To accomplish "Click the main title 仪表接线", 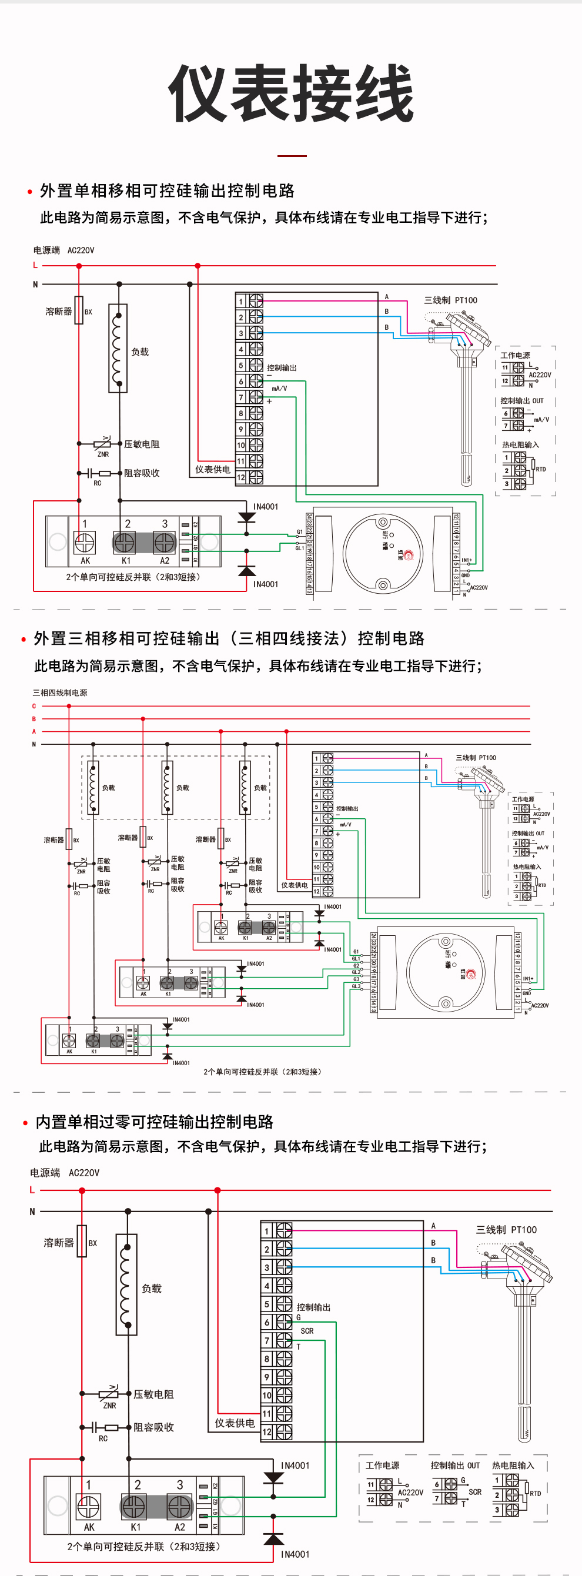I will pyautogui.click(x=292, y=93).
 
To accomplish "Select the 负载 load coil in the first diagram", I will pyautogui.click(x=118, y=348).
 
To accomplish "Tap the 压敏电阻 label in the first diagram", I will pyautogui.click(x=141, y=444).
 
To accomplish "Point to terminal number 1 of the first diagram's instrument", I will pyautogui.click(x=241, y=301).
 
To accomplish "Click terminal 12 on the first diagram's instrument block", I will pyautogui.click(x=241, y=477).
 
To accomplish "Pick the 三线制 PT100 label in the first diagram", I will pyautogui.click(x=450, y=300).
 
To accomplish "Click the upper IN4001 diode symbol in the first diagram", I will pyautogui.click(x=247, y=517).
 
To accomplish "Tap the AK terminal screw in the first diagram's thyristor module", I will pyautogui.click(x=85, y=542).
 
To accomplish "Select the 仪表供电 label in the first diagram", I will pyautogui.click(x=212, y=469).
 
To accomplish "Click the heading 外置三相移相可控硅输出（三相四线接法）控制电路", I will pyautogui.click(x=229, y=638).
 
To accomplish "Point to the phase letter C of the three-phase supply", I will pyautogui.click(x=34, y=706).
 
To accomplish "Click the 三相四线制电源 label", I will pyautogui.click(x=60, y=692).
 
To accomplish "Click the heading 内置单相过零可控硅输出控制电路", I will pyautogui.click(x=154, y=1122).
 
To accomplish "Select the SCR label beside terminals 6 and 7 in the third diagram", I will pyautogui.click(x=307, y=1331).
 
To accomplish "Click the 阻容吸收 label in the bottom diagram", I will pyautogui.click(x=153, y=1427).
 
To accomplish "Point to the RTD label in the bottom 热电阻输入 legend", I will pyautogui.click(x=535, y=1493).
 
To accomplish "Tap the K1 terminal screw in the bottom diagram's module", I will pyautogui.click(x=133, y=1506).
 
